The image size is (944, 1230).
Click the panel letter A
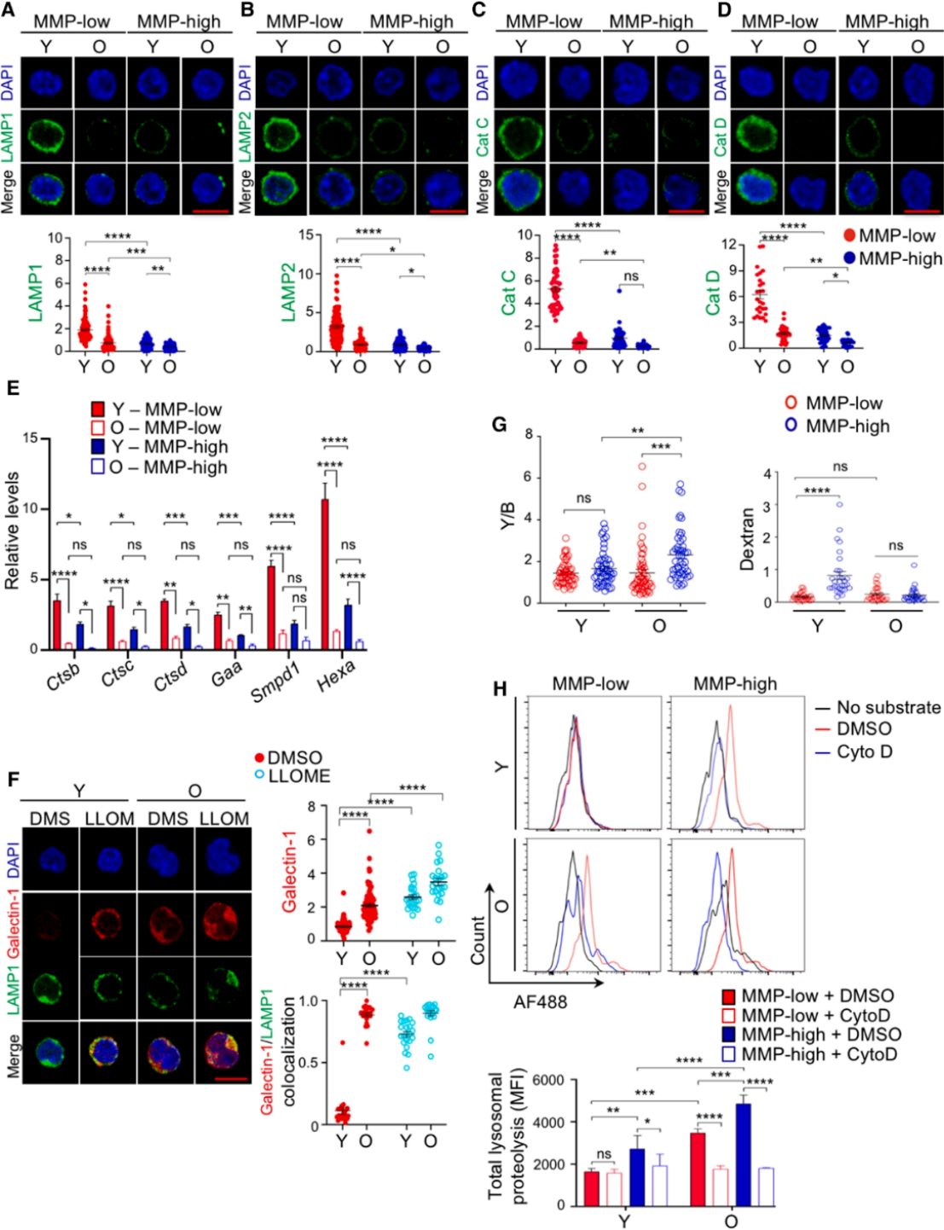pyautogui.click(x=9, y=10)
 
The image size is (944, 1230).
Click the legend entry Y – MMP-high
pyautogui.click(x=159, y=447)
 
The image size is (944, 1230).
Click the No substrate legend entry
pyautogui.click(x=878, y=707)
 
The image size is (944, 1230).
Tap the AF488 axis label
pyautogui.click(x=540, y=1002)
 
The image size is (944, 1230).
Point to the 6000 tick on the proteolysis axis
pyautogui.click(x=548, y=1081)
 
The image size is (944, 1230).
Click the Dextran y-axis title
pyautogui.click(x=748, y=537)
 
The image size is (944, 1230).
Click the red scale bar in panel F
pyautogui.click(x=225, y=1078)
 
